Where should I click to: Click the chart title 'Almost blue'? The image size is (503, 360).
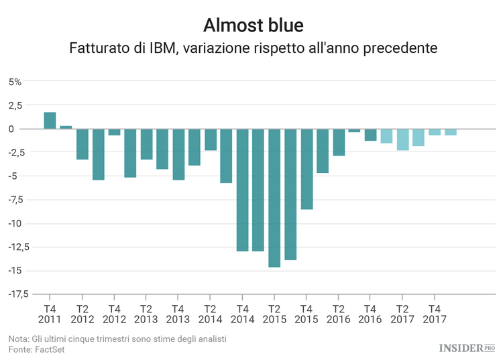[x=253, y=25]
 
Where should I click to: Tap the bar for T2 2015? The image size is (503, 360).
[x=274, y=198]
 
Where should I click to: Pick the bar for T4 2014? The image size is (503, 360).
[x=242, y=190]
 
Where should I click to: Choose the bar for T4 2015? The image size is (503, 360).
[x=306, y=169]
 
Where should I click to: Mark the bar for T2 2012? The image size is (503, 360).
[x=82, y=144]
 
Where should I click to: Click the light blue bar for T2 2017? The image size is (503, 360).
[x=402, y=139]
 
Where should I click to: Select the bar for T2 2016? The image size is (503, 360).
[x=339, y=142]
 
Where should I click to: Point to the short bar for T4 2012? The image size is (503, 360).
[x=114, y=132]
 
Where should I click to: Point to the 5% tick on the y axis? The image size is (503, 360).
[x=15, y=82]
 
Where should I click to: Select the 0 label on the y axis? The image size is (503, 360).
[x=19, y=129]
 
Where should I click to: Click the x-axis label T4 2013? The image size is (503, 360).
[x=178, y=314]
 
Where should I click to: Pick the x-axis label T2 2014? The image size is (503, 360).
[x=210, y=314]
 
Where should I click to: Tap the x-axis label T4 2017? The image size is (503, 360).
[x=435, y=314]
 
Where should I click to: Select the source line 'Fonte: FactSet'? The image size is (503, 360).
[x=36, y=350]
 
